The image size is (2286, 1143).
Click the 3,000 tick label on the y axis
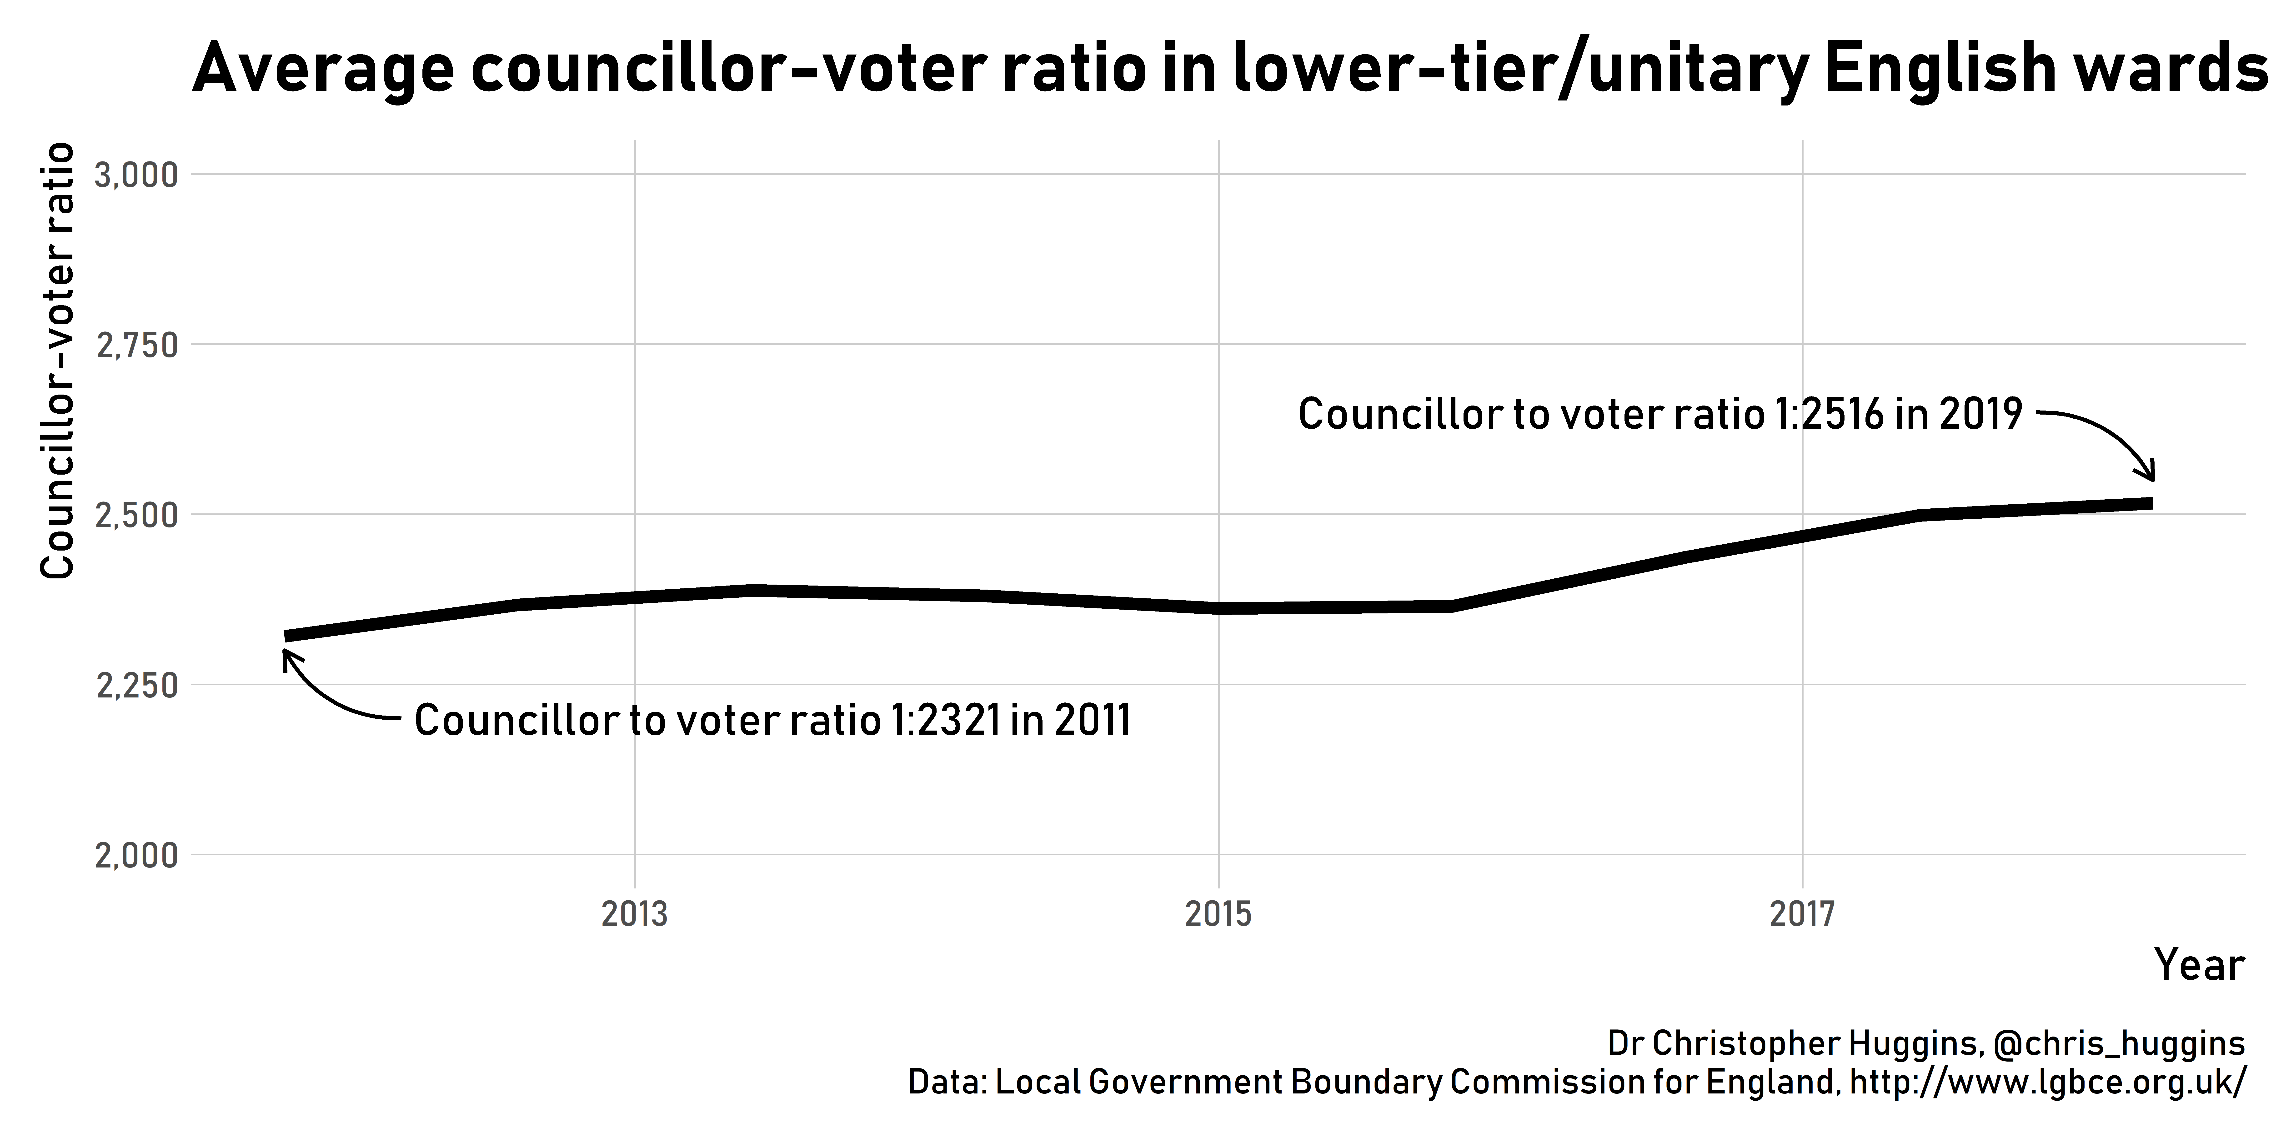pos(136,175)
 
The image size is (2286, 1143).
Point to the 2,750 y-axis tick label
pos(136,345)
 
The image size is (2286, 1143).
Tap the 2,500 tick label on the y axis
pos(136,516)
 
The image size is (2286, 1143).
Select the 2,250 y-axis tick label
pos(136,686)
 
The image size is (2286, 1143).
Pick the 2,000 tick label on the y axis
pos(136,856)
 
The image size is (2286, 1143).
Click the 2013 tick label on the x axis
pos(635,914)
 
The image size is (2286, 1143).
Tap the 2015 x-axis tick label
pos(1218,914)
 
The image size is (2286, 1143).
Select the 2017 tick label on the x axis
pos(1802,914)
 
